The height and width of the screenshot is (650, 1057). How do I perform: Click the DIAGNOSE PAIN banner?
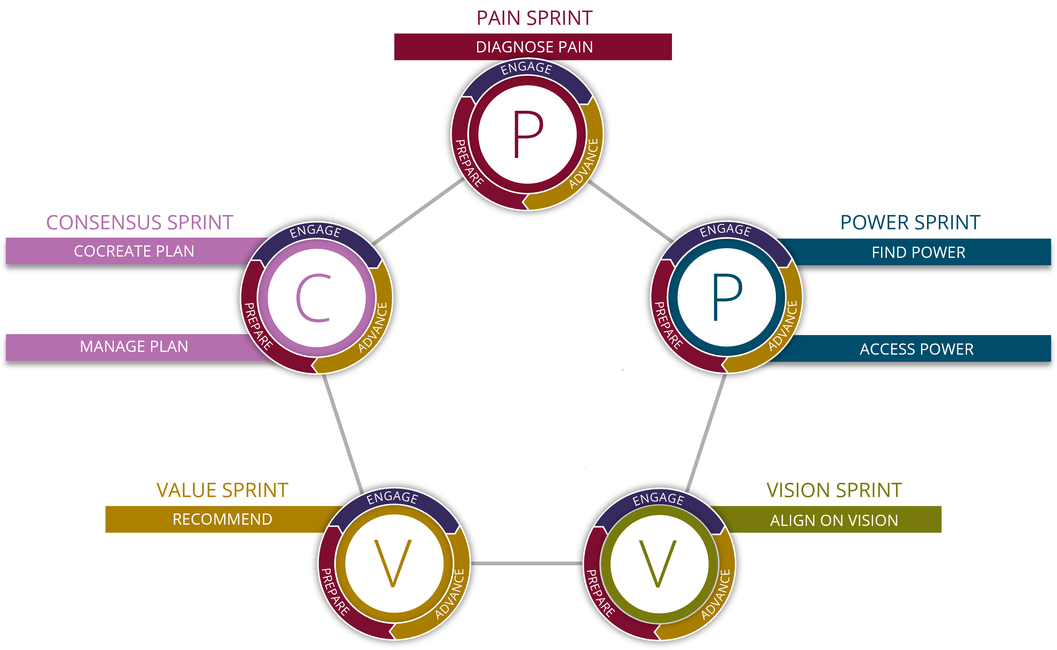[533, 47]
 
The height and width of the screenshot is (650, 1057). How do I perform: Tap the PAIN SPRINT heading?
[534, 19]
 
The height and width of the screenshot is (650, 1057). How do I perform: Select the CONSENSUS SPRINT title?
[140, 223]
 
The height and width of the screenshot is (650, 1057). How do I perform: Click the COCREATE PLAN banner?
[134, 251]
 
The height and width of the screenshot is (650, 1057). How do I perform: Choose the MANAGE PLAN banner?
[134, 347]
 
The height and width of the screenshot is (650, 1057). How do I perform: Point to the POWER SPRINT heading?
[910, 223]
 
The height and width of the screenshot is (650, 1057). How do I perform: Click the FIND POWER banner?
[918, 252]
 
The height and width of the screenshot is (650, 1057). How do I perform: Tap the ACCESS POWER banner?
[916, 349]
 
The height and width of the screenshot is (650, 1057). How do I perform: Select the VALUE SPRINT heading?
[222, 490]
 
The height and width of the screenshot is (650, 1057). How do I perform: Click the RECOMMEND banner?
[222, 519]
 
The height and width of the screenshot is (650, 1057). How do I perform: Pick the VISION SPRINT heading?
[834, 490]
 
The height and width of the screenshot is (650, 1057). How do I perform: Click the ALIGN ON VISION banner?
[834, 521]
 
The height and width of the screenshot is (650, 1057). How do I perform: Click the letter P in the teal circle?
[727, 297]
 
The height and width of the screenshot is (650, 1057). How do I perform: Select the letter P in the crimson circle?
[528, 134]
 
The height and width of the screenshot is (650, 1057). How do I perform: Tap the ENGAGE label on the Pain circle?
[526, 68]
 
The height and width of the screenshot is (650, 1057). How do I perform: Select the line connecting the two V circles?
[526, 563]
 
